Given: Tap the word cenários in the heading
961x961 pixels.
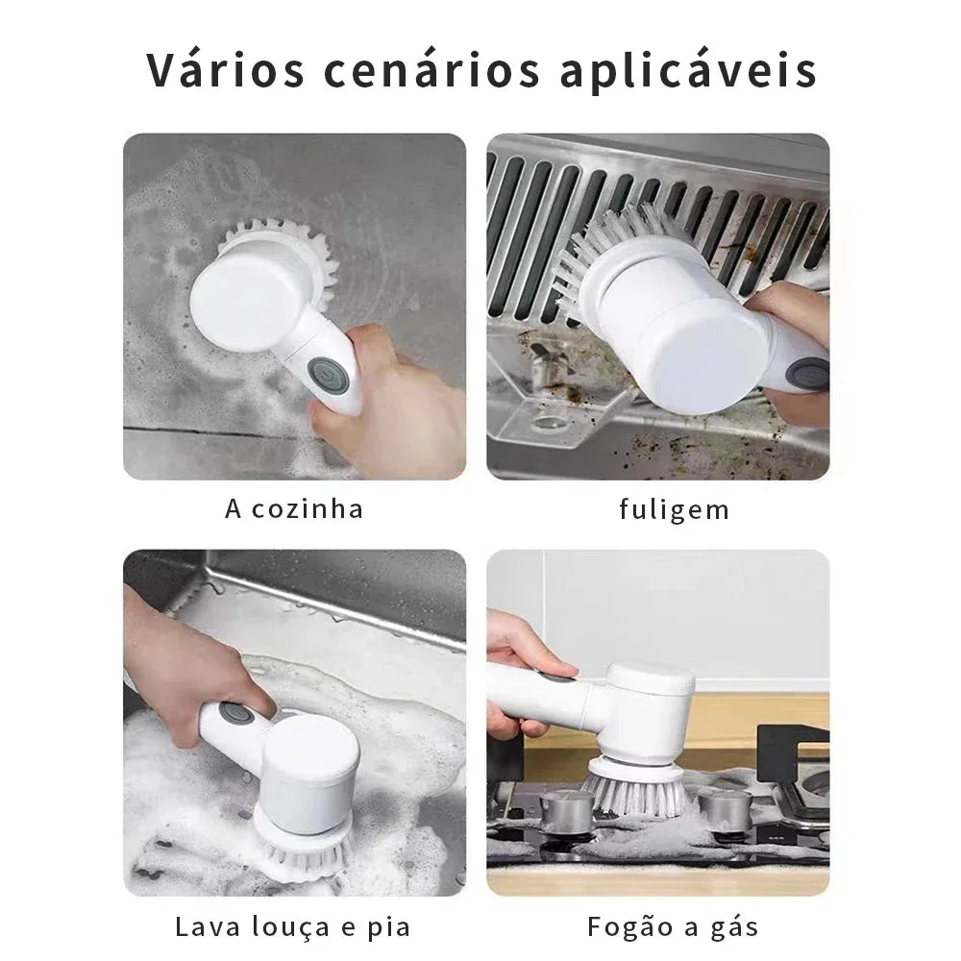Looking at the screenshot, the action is pos(432,70).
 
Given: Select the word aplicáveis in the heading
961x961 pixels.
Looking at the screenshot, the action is pos(688,70).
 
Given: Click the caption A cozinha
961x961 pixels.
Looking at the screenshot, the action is pos(294,508).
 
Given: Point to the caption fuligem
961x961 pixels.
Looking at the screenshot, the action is pos(675,509).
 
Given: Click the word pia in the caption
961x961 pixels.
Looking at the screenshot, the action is pos(389,928).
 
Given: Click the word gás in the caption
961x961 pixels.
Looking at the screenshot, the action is pos(735,926).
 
